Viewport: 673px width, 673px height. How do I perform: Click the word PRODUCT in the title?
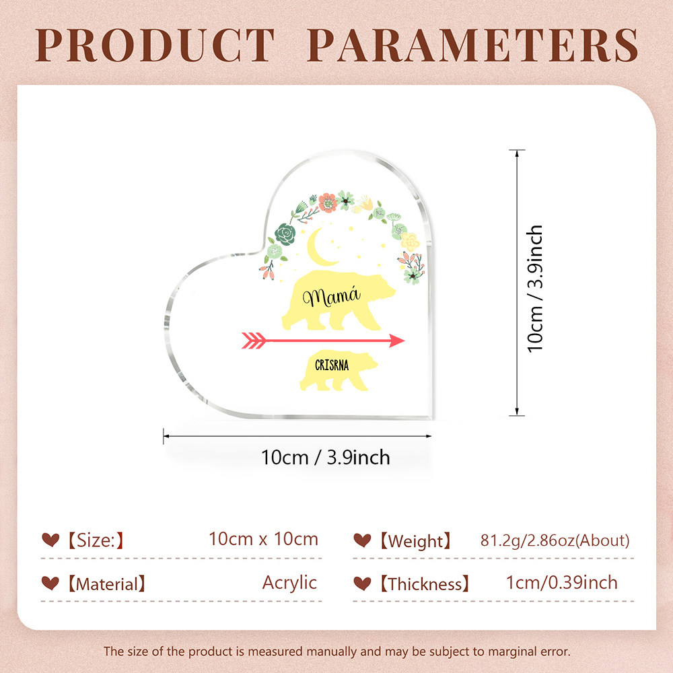[157, 45]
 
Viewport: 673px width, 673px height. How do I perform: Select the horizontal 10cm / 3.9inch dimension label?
[326, 458]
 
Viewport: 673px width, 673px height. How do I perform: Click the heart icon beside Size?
[50, 540]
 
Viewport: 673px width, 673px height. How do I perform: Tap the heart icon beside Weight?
[362, 540]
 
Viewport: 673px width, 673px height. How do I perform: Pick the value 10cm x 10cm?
[263, 539]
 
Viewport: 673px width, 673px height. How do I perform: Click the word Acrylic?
[289, 582]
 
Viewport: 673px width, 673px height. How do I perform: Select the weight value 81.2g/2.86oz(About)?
[555, 540]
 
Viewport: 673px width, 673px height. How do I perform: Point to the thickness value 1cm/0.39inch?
[562, 582]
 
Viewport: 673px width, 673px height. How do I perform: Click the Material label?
[106, 583]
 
